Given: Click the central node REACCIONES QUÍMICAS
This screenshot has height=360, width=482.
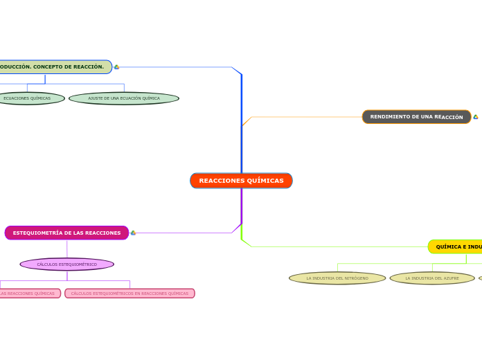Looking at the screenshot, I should pos(241,181).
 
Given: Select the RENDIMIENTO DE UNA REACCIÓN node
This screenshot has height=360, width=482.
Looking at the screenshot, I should pos(416,117).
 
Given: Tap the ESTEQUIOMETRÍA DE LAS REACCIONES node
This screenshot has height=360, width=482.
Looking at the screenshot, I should pos(66,233).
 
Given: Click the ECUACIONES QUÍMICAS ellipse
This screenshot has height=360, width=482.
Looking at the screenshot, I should pos(28,98).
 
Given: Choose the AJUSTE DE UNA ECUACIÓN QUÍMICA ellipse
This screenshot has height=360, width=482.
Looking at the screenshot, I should pos(124,98).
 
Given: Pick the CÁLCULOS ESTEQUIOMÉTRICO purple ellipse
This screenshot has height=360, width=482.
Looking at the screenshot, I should pos(67,264).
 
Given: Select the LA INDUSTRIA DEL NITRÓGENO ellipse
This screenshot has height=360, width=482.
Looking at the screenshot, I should pos(337,278).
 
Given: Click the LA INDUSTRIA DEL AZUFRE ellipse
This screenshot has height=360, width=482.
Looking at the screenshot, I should pos(432,278).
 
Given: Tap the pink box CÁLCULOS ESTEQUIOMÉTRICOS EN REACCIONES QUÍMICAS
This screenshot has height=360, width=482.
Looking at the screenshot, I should pos(130,294).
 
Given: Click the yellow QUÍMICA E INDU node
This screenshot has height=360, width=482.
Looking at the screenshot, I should pos(457,246).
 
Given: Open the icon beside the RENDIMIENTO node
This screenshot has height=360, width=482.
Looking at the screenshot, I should pos(476,117).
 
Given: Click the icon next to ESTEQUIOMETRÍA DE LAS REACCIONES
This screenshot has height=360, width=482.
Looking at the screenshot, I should pos(133,233).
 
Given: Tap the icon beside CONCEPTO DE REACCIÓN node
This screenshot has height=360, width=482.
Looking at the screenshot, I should pos(116,67).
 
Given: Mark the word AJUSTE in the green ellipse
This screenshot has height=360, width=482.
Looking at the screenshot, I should pos(95,98).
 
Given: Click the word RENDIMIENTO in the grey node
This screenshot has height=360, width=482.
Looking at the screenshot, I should pos(392,117).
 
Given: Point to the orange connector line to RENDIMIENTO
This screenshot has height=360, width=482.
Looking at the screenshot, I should pos(305,117).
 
